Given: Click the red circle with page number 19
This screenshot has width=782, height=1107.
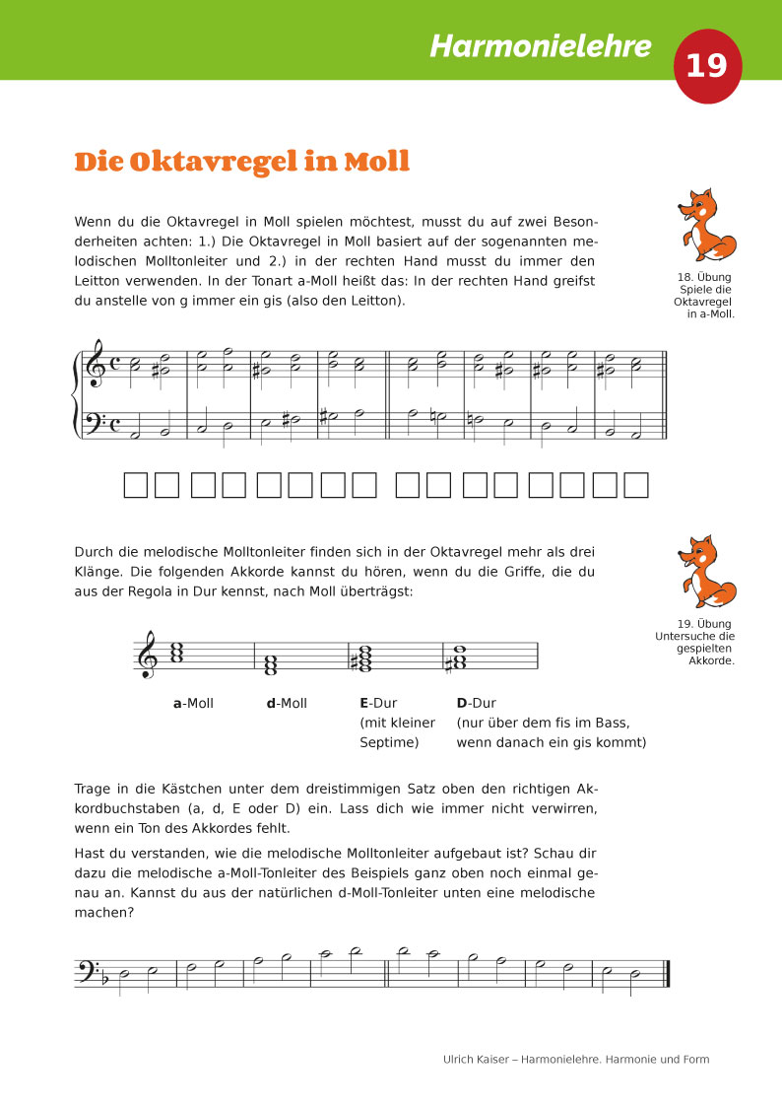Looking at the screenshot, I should point(706,66).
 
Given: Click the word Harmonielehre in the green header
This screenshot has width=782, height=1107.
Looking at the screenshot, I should point(541,46).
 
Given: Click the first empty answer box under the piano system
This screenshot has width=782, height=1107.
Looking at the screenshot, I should point(135,485).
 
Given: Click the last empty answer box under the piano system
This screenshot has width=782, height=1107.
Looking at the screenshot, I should point(637,485).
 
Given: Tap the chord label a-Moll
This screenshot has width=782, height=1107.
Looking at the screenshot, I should point(193,704).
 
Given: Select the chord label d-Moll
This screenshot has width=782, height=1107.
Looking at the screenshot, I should point(287,704).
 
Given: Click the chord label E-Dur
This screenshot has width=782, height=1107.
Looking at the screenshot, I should point(378,704).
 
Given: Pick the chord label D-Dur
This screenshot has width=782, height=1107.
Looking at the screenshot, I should point(476,704).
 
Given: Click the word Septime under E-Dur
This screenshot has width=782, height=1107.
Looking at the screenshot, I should point(389,742).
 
